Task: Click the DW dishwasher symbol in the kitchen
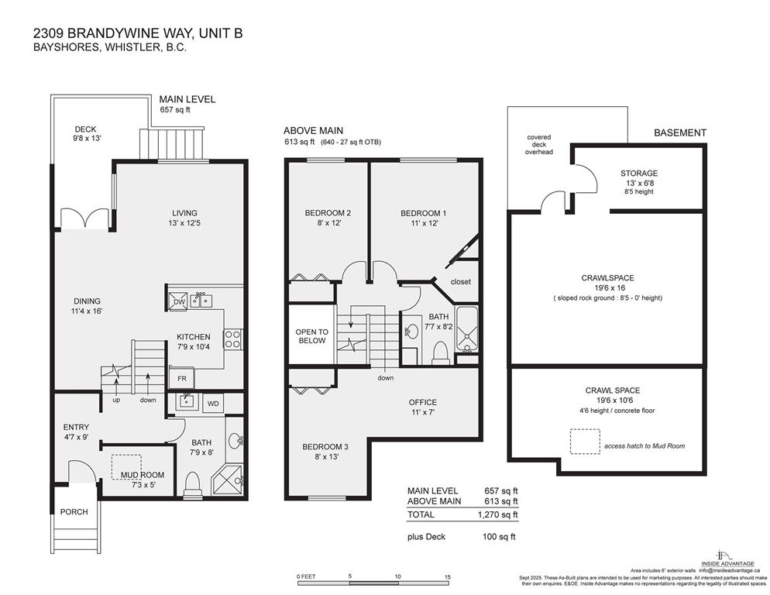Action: coord(177,301)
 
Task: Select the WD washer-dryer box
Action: coord(211,404)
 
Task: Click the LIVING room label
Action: coord(184,213)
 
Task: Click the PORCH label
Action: coord(74,511)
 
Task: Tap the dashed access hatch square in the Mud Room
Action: coord(126,467)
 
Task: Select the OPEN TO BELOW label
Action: coord(311,336)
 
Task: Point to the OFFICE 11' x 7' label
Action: coord(423,408)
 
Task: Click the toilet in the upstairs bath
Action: coord(440,353)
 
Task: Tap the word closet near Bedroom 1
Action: coord(460,282)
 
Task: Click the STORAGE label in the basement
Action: coord(639,174)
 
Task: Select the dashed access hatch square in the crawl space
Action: coord(585,442)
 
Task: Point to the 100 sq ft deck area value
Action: coord(500,536)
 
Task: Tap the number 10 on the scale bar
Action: coord(398,576)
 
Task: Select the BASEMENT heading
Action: coord(679,132)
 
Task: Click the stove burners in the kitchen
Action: coord(232,338)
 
